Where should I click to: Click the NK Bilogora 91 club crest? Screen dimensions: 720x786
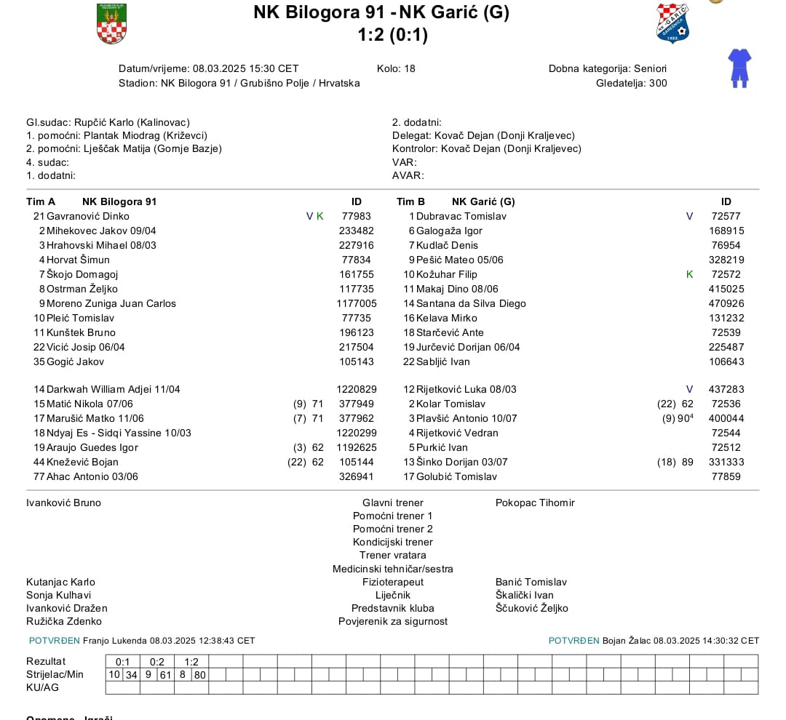tap(111, 23)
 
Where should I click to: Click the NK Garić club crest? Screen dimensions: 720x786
tap(672, 23)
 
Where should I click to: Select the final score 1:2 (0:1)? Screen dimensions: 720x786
tap(392, 34)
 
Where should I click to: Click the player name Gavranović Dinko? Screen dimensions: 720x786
tap(87, 216)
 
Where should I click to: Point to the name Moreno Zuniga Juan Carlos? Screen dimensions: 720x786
tap(111, 303)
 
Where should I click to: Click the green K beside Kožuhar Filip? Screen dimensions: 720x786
tap(690, 274)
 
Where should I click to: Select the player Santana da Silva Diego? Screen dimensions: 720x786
tap(470, 303)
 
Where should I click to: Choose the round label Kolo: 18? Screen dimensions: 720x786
tap(396, 68)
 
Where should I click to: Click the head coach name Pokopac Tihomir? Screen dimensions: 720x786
tap(535, 503)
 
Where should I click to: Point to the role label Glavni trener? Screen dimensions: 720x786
tap(392, 503)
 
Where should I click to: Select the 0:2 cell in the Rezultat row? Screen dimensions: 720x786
tap(157, 662)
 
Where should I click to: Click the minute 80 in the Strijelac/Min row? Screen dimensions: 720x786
tap(199, 674)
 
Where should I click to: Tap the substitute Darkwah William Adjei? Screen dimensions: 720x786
tap(113, 389)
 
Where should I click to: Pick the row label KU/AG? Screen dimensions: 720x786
tap(43, 687)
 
